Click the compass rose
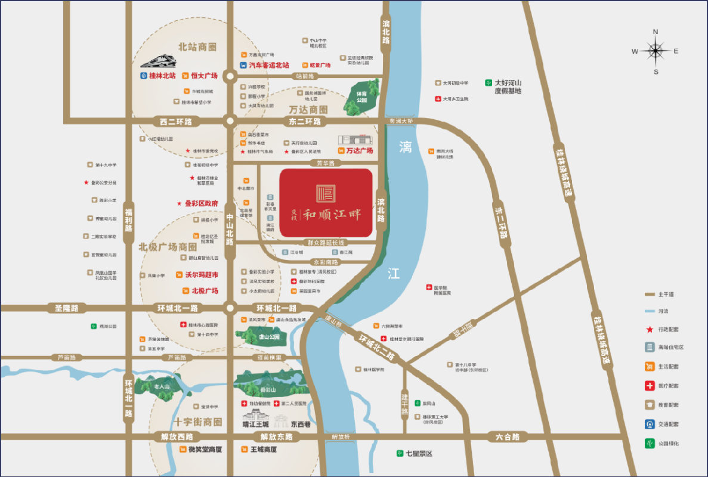pyautogui.click(x=656, y=51)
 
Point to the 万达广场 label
pyautogui.click(x=355, y=151)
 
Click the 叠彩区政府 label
pyautogui.click(x=198, y=203)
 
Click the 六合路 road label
pyautogui.click(x=507, y=437)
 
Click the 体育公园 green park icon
pyautogui.click(x=361, y=97)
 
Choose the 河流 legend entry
pyautogui.click(x=662, y=311)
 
